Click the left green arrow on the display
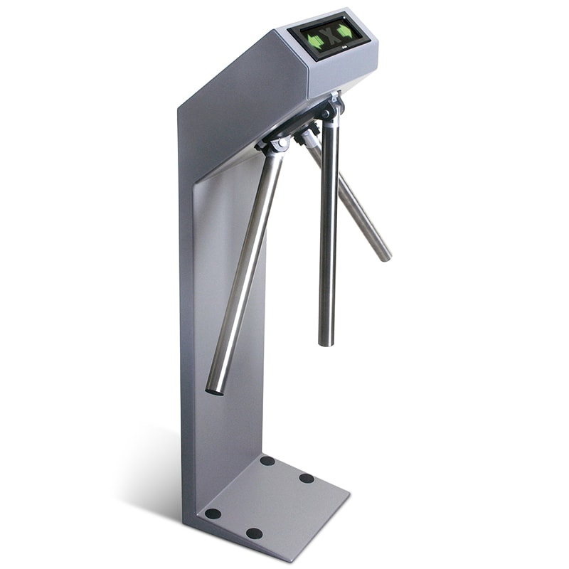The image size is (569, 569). (x=316, y=41)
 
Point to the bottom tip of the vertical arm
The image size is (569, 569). (x=326, y=343)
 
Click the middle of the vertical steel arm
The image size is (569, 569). (x=328, y=235)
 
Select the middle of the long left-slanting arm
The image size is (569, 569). (x=245, y=270)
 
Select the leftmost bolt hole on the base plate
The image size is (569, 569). (x=212, y=514)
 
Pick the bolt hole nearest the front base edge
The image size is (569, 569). (x=254, y=533)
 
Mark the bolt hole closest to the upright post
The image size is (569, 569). (x=267, y=461)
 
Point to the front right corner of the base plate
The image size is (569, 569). (x=348, y=491)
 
